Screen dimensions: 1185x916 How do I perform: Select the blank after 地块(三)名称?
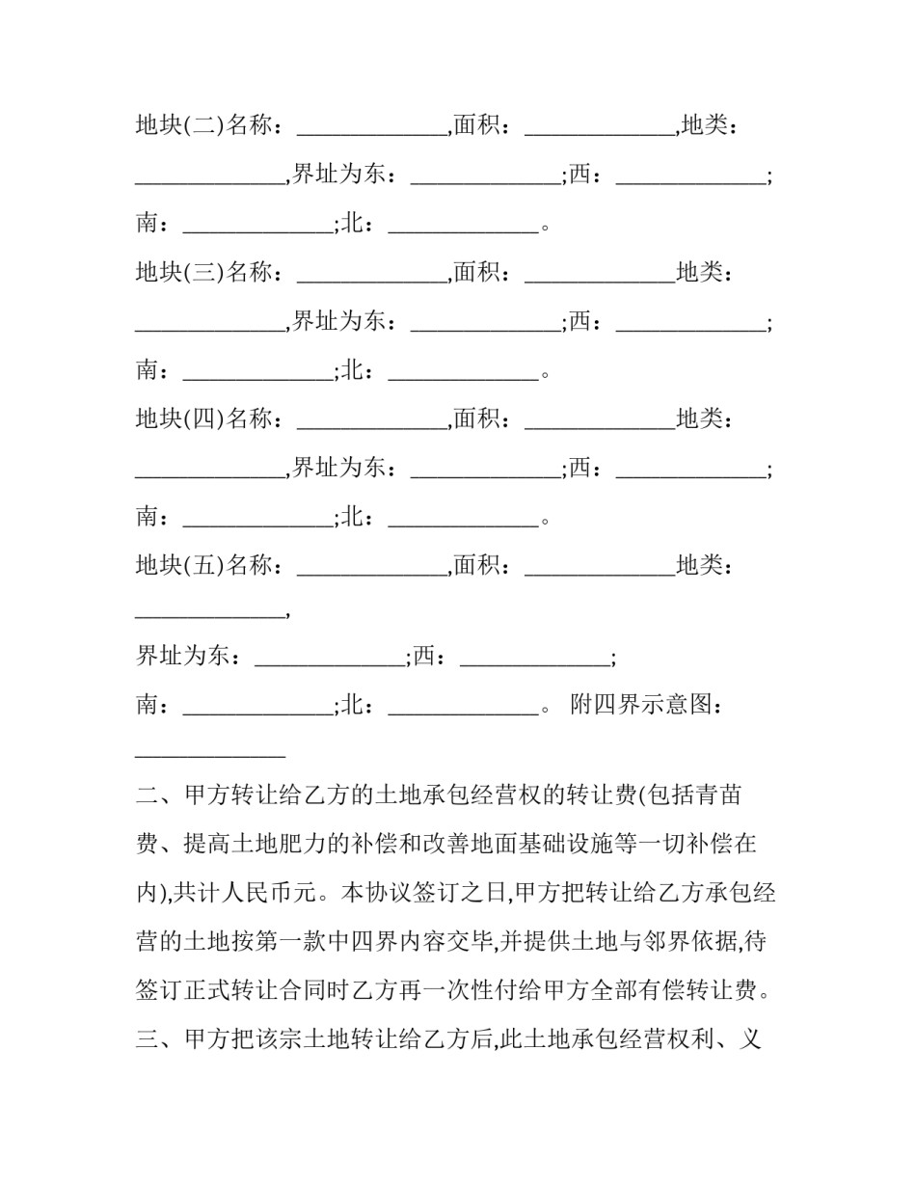(x=371, y=274)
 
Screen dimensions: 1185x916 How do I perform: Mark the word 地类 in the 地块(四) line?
(x=699, y=419)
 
